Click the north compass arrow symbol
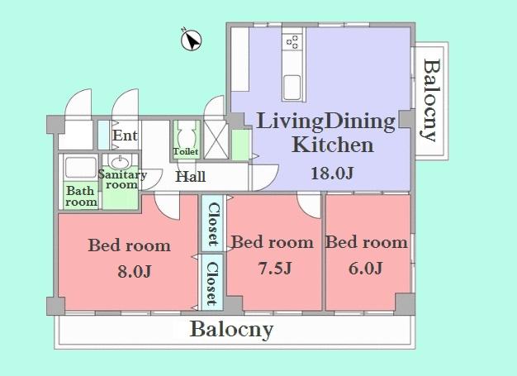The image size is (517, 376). click(191, 39)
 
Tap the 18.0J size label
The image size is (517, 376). click(332, 173)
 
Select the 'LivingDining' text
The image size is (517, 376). click(326, 122)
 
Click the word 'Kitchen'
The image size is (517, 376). click(333, 146)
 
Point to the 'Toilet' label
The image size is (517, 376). click(185, 152)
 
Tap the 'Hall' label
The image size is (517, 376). click(190, 176)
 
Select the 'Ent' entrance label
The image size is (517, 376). click(125, 136)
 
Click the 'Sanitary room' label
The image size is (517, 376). click(122, 179)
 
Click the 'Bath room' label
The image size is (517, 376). click(81, 196)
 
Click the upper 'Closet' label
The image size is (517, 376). click(212, 225)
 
